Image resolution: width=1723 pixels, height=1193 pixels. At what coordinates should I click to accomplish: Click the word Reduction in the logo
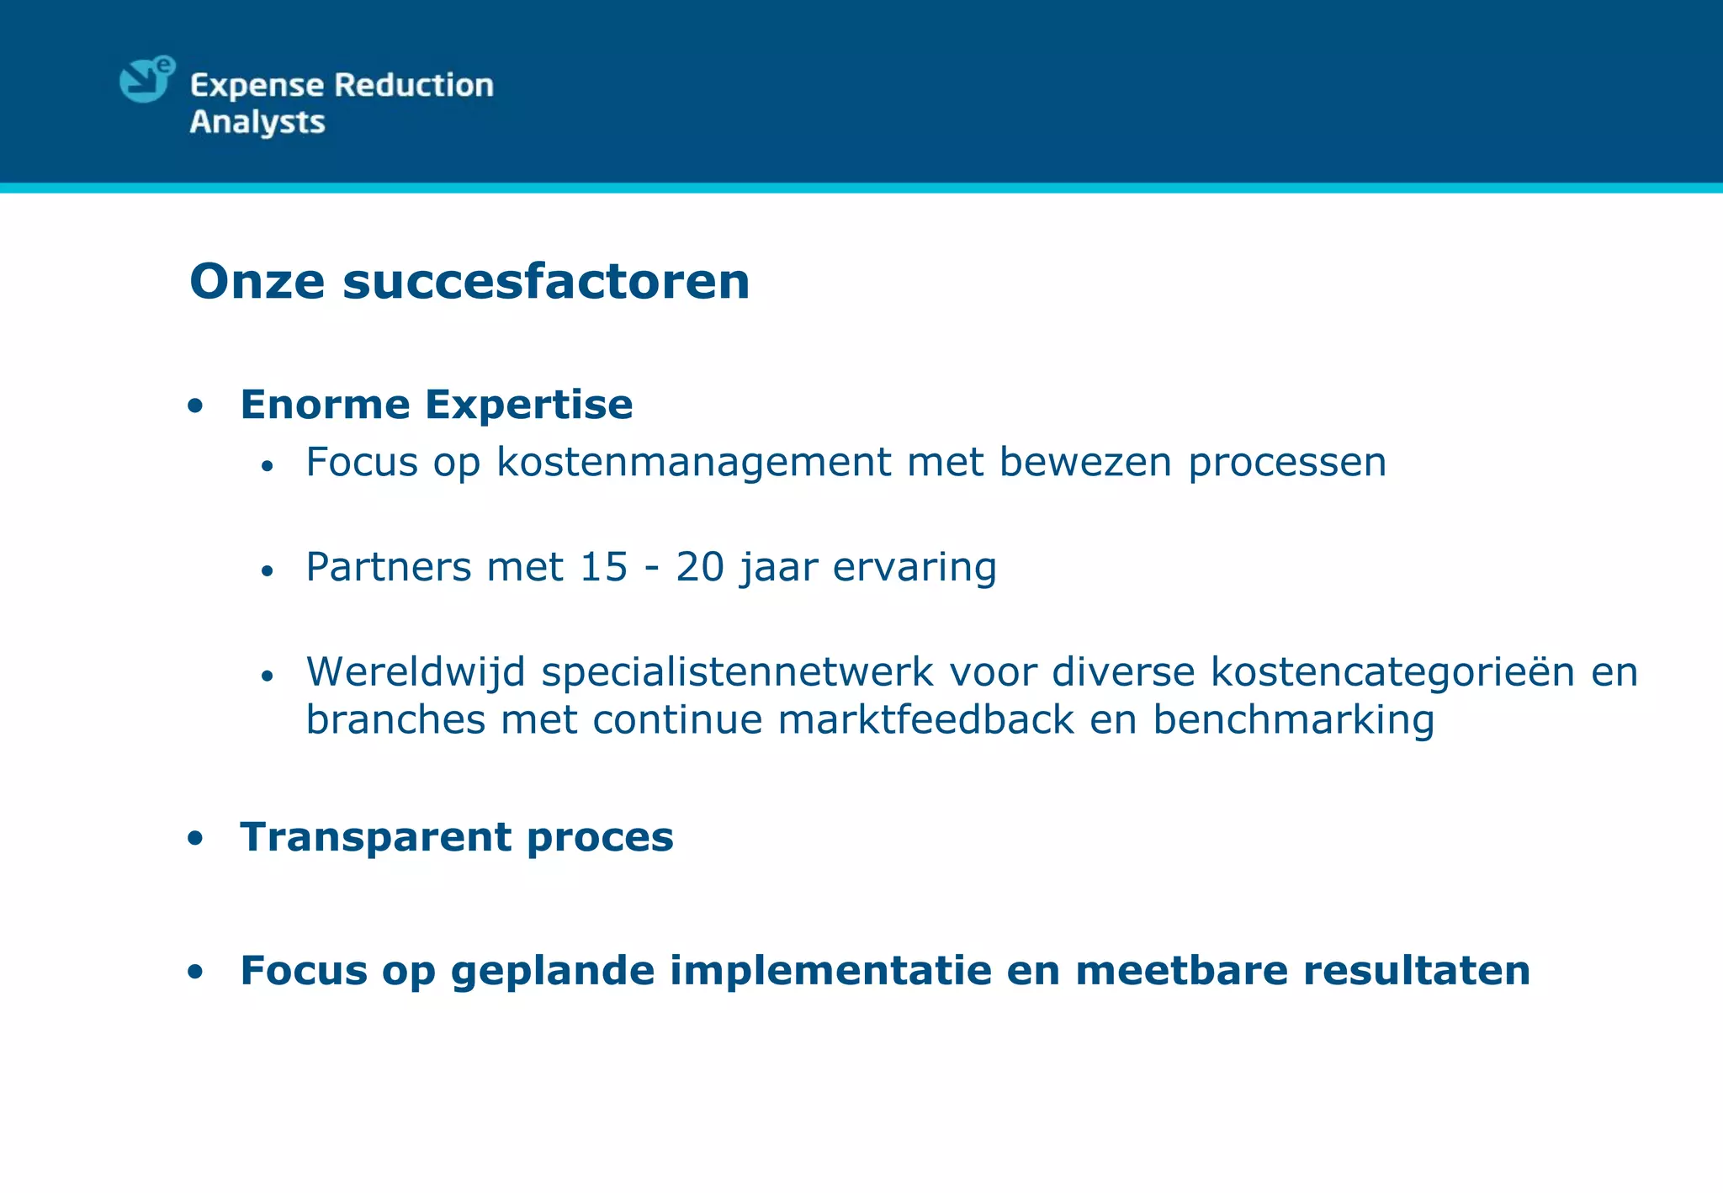[x=413, y=85]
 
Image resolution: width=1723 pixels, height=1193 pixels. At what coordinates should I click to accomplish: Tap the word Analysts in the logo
[x=257, y=123]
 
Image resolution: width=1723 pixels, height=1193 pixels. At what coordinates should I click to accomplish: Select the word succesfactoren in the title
[x=546, y=281]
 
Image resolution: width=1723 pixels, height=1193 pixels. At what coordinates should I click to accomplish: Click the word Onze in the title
[x=257, y=281]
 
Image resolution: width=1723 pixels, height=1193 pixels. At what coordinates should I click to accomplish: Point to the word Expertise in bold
[x=528, y=405]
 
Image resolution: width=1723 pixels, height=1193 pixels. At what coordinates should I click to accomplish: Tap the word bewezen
[x=1085, y=462]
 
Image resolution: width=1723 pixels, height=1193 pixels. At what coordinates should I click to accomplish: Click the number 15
[x=603, y=567]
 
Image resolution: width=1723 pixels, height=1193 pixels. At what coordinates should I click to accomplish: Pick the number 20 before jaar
[x=699, y=567]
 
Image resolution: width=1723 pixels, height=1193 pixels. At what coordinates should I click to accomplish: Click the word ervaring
[x=915, y=568]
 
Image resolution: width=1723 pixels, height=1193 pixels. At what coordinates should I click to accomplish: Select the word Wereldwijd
[x=416, y=672]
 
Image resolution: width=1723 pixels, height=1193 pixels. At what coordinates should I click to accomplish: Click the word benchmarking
[x=1293, y=720]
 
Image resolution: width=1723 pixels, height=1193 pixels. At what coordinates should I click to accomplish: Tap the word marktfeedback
[x=926, y=720]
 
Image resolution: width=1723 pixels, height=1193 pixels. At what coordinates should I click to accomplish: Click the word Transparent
[x=375, y=837]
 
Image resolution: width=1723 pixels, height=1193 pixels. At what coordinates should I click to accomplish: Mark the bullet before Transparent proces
[x=195, y=839]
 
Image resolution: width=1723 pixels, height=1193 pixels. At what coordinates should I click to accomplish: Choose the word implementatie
[x=830, y=970]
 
